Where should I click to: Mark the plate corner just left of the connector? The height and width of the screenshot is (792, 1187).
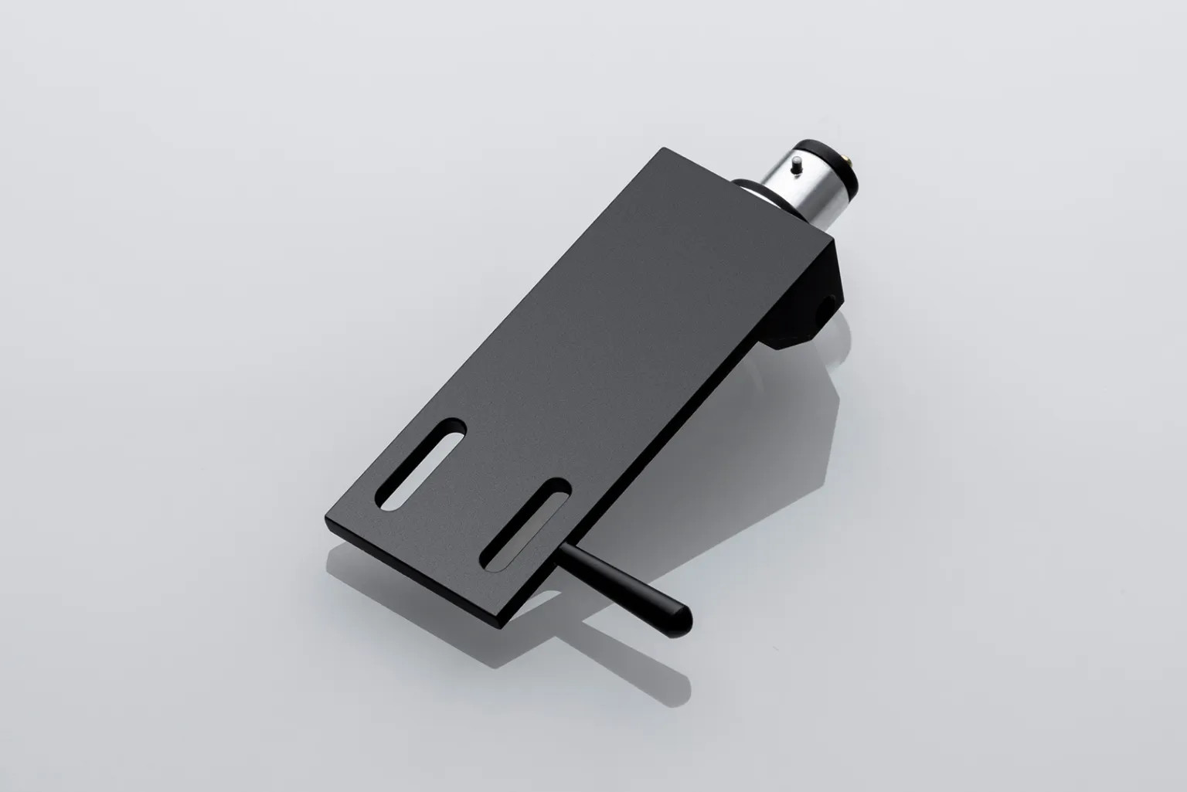[x=662, y=148]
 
